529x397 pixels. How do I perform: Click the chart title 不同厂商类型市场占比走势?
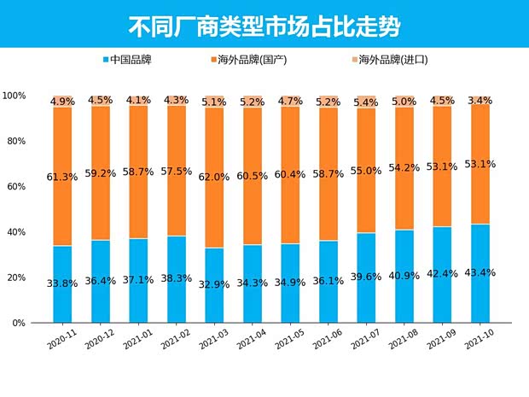[x=264, y=25]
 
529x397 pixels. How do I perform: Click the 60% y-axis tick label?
[x=16, y=187]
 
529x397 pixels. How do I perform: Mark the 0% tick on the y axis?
[x=19, y=324]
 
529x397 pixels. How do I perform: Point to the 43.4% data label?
[x=480, y=273]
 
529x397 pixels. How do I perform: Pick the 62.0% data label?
[x=214, y=177]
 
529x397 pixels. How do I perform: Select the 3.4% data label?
[x=480, y=101]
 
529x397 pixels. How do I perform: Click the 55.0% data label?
[x=366, y=171]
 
